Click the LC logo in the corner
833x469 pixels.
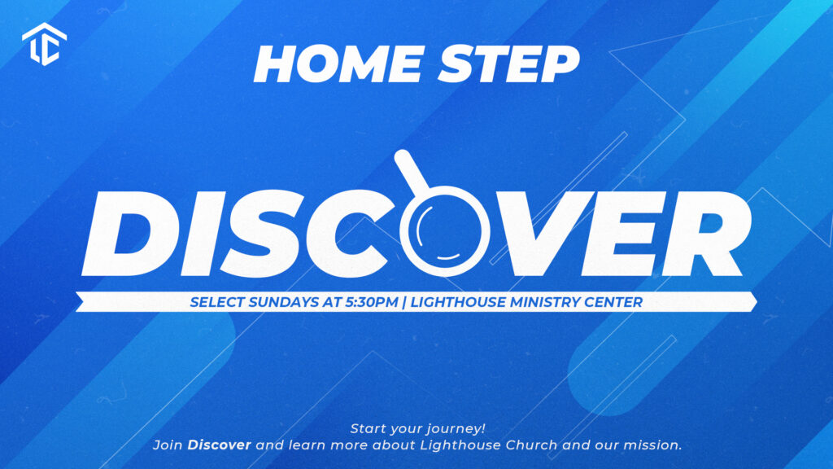tap(45, 44)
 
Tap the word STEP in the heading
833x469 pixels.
tap(509, 64)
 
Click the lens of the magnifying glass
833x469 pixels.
tap(444, 230)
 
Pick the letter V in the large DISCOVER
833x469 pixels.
tap(531, 234)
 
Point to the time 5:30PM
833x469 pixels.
tap(371, 302)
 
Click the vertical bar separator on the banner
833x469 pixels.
tap(405, 302)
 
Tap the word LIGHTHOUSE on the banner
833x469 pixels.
tap(459, 302)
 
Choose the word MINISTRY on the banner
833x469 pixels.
tap(545, 302)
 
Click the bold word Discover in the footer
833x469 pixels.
tap(219, 445)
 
